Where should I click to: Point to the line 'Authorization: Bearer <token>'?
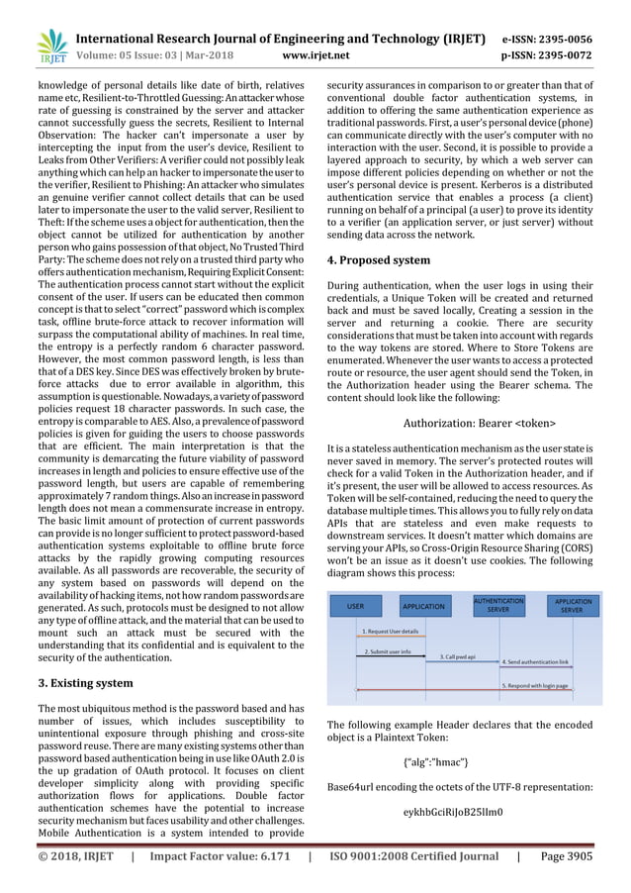coord(480,424)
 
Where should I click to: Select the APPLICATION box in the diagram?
coord(422,605)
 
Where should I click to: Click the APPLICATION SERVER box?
coord(574,605)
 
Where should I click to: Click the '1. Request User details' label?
coord(391,631)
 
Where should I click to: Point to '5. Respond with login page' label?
coord(535,685)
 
